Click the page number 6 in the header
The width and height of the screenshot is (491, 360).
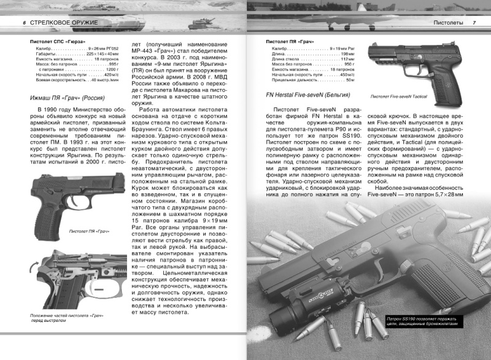tap(23, 23)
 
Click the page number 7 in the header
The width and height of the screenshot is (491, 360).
tap(473, 23)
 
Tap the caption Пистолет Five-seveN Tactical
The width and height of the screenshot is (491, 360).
tap(399, 96)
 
